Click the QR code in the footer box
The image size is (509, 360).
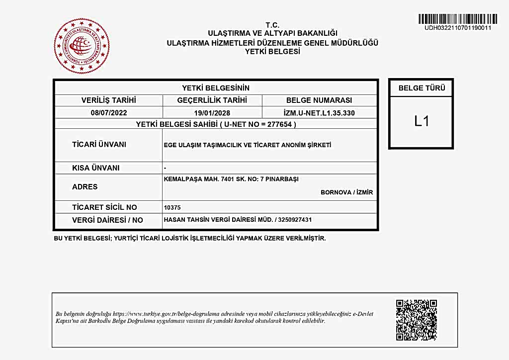(417, 320)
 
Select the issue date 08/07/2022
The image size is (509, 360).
(109, 113)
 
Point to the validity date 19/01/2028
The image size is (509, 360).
(212, 113)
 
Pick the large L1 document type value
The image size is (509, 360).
(422, 121)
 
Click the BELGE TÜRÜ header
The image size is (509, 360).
(422, 88)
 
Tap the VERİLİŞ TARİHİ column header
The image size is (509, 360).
(109, 100)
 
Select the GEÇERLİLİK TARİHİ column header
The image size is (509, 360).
(212, 100)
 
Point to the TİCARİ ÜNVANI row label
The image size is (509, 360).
(99, 145)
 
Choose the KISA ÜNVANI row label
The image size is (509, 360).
(96, 168)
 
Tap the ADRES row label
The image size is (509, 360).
(85, 187)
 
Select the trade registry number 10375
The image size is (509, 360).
(171, 207)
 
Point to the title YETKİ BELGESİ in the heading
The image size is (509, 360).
(272, 51)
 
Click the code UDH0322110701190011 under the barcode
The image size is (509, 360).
(457, 28)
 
